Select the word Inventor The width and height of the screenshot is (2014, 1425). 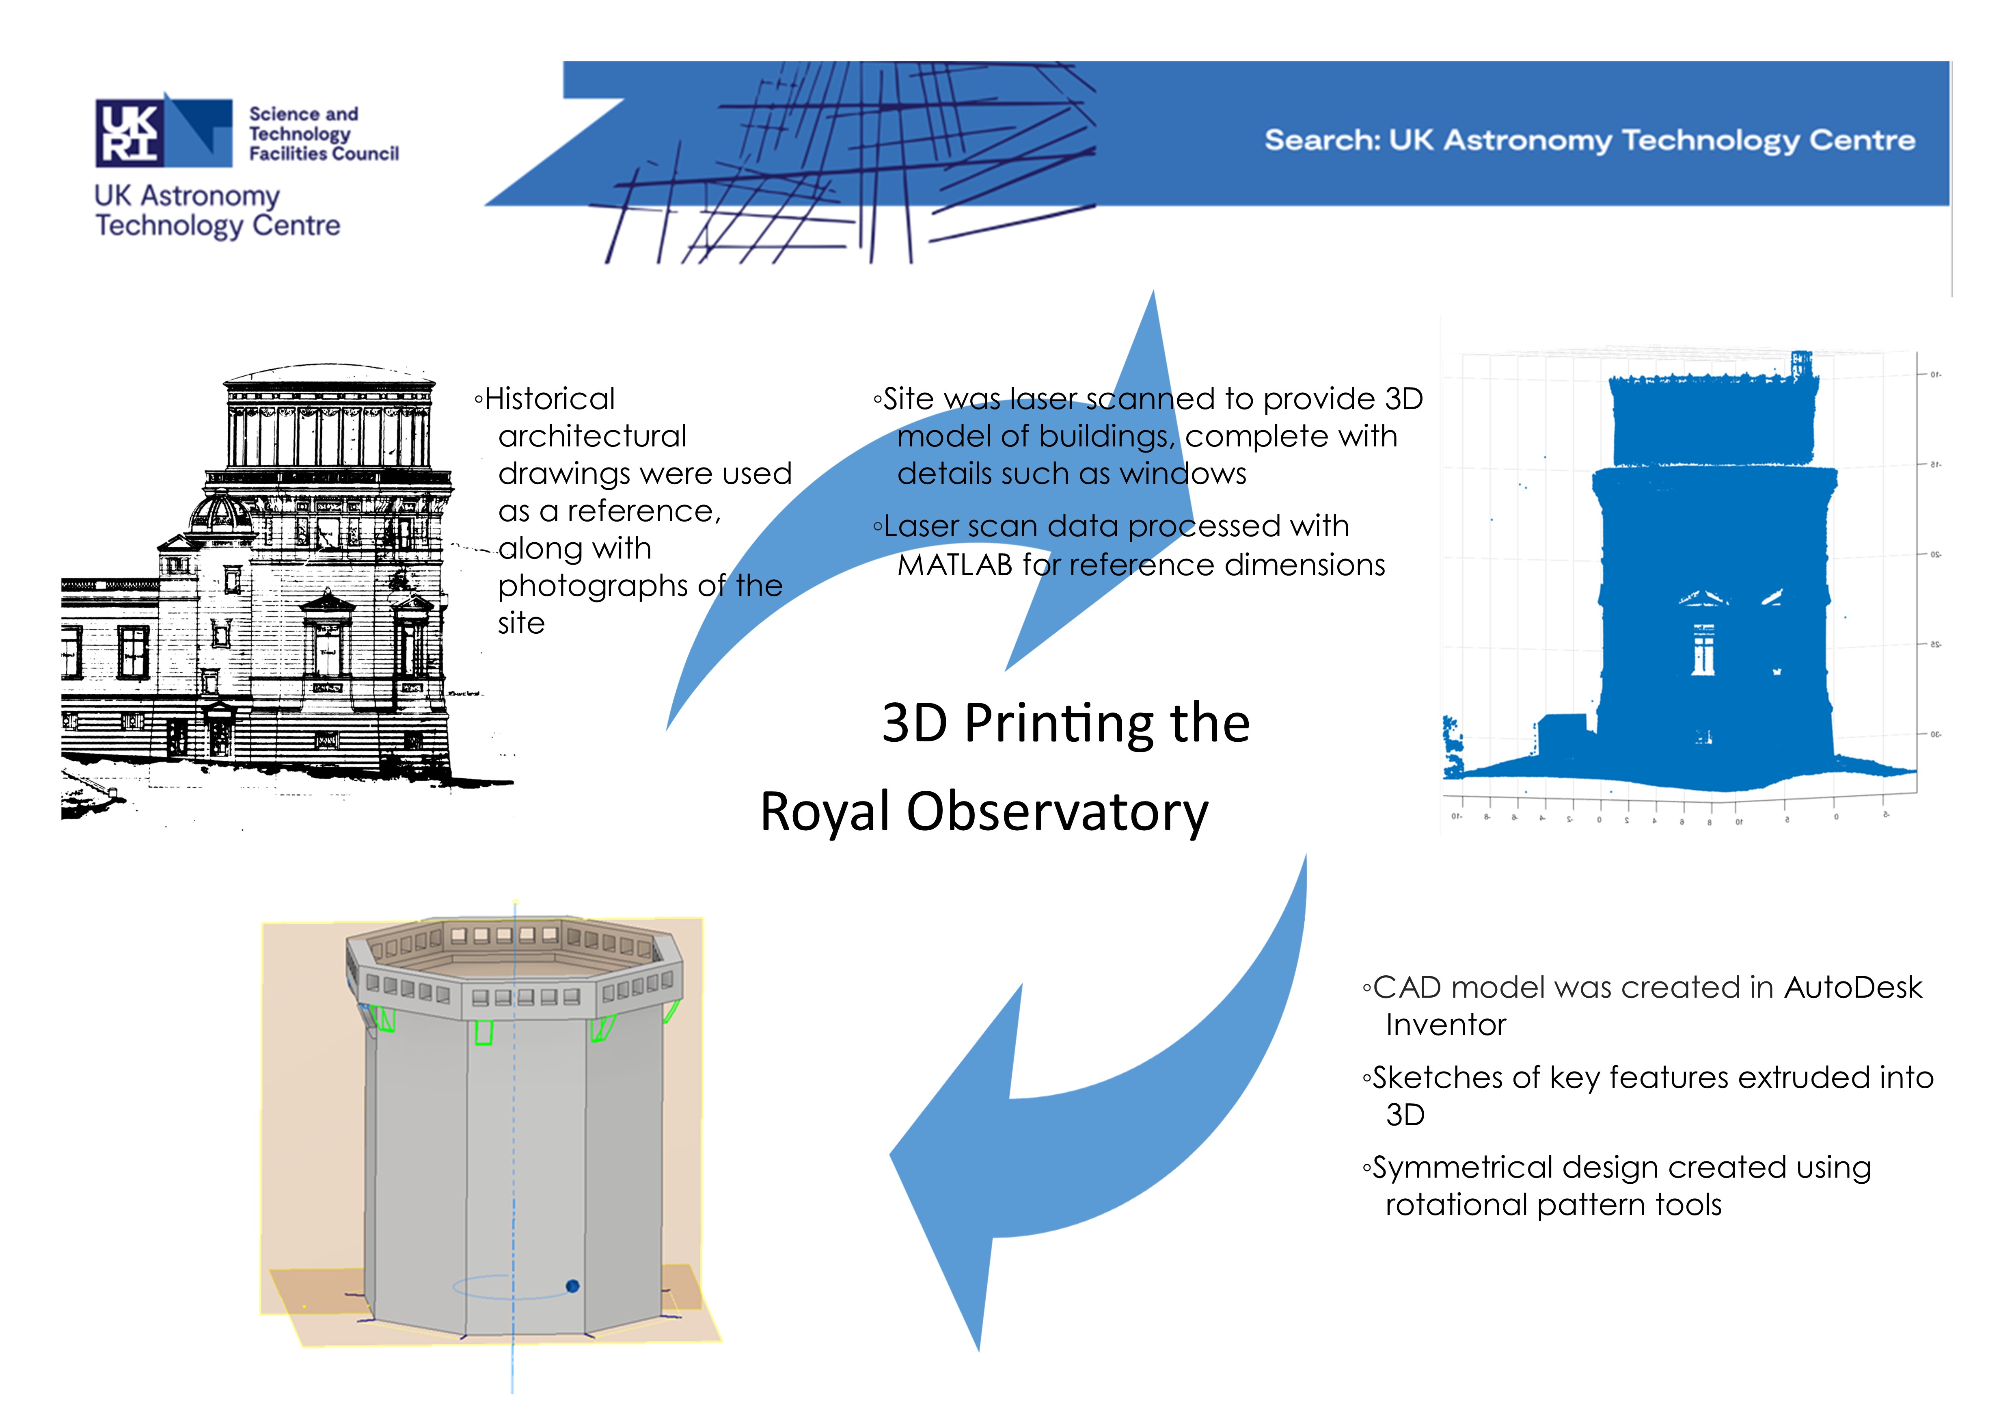click(1446, 1025)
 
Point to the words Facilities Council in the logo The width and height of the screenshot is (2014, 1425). click(324, 154)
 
